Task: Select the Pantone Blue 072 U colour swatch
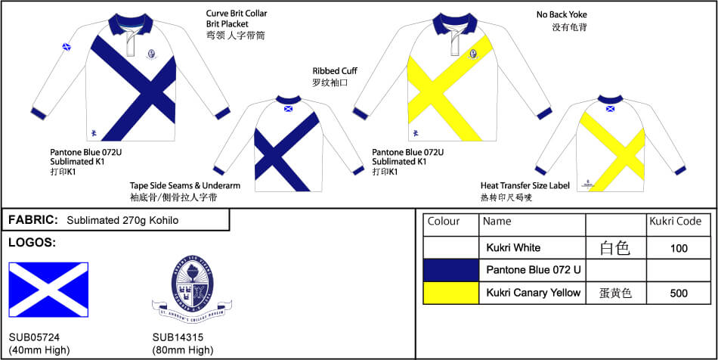[451, 269]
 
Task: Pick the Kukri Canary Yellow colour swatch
[451, 293]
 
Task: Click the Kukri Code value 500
[679, 293]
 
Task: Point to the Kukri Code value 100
[679, 247]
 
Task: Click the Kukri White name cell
[513, 247]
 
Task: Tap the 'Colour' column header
[444, 222]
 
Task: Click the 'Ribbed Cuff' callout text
[335, 71]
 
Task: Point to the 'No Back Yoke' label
[562, 14]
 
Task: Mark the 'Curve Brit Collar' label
[237, 14]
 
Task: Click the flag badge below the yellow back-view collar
[611, 108]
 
